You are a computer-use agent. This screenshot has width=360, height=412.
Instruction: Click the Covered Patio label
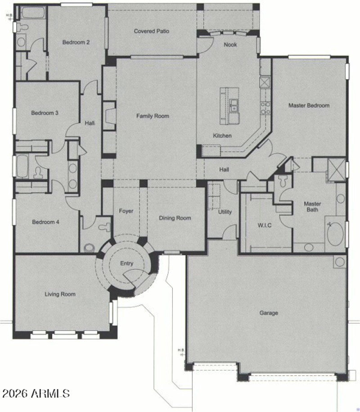151,31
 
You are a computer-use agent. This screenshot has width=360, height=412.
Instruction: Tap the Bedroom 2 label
76,42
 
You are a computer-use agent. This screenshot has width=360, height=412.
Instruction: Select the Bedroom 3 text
45,113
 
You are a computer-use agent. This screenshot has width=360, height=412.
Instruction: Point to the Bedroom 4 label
45,222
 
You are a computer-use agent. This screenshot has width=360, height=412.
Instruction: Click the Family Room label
153,116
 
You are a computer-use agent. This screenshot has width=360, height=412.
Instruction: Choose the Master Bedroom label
309,106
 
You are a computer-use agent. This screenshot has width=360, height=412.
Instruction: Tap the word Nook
230,45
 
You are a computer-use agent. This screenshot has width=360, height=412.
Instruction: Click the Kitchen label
222,136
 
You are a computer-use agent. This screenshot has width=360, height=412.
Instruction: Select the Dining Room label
175,218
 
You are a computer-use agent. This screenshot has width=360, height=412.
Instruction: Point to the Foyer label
126,211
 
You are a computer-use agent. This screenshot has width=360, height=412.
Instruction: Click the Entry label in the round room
126,263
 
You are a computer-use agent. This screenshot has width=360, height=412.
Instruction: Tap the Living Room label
60,294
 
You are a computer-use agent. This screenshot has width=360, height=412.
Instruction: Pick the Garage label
269,313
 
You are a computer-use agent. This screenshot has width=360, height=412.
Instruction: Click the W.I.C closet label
265,225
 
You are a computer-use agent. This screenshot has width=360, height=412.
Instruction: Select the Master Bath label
312,207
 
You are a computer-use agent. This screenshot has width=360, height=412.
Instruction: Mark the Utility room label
225,212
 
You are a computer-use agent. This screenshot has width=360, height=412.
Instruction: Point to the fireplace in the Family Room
109,116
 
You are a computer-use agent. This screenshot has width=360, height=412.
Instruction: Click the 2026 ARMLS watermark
36,393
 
